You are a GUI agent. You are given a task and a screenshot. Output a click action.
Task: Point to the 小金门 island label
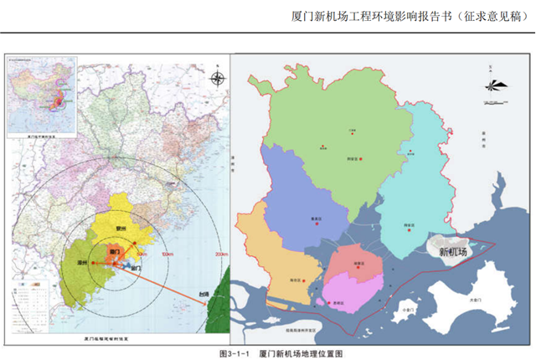pos(409,309)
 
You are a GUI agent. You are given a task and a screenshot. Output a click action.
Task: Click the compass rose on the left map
pos(217,80)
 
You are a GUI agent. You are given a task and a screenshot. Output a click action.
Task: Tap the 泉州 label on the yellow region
pos(122,226)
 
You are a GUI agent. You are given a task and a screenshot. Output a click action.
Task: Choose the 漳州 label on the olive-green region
pos(82,263)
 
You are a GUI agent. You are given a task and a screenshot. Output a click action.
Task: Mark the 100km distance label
pos(167,254)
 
